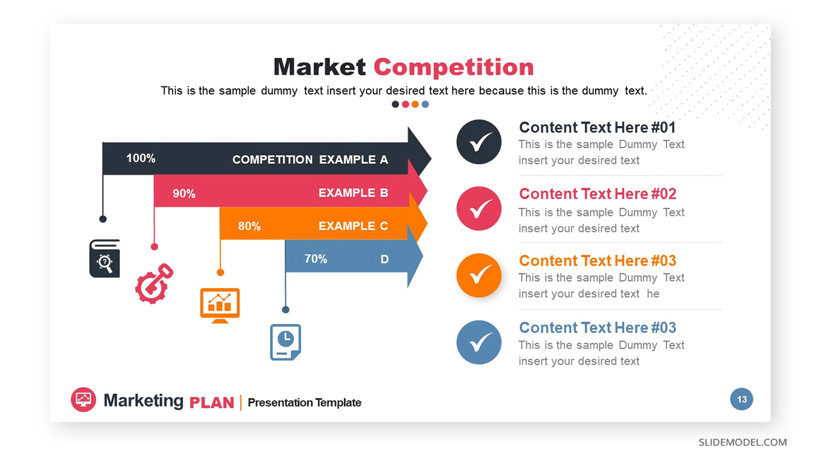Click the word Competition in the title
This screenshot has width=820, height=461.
click(454, 67)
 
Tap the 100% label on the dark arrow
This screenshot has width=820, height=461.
click(141, 158)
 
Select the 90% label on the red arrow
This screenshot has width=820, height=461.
click(184, 193)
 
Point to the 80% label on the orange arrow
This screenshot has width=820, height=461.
click(249, 226)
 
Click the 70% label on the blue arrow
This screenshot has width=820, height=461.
click(316, 259)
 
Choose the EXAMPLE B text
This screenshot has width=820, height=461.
click(353, 193)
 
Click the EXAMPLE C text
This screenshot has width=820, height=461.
click(353, 226)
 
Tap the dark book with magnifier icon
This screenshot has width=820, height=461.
click(104, 258)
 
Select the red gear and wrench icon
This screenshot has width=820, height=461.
click(154, 284)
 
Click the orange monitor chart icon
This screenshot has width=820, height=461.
click(220, 305)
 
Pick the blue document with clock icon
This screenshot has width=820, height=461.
click(286, 342)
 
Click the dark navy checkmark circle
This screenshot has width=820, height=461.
click(479, 142)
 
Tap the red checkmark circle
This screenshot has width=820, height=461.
click(479, 209)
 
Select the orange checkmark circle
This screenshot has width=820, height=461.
click(479, 275)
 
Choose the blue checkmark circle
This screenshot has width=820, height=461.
click(479, 343)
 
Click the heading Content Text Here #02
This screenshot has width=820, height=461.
click(598, 194)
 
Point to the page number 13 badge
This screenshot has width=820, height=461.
click(742, 399)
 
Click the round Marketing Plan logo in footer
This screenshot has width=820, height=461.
click(83, 400)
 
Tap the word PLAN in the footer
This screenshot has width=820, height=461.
click(211, 403)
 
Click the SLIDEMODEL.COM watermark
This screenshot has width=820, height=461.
click(742, 442)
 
